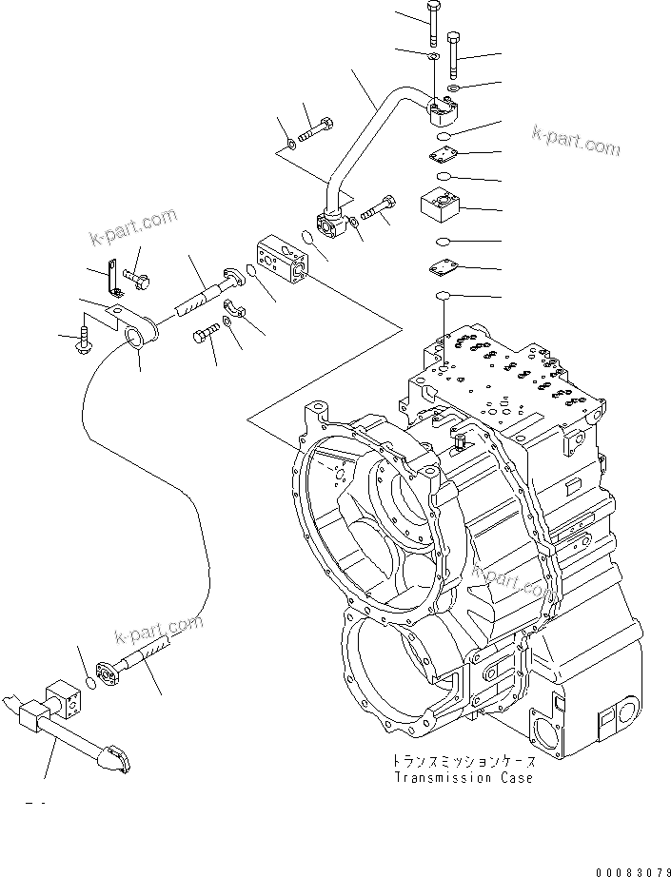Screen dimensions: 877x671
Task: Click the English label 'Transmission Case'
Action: click(462, 777)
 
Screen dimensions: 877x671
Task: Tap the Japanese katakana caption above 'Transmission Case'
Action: click(463, 762)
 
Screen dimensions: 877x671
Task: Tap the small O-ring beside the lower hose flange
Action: click(89, 682)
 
